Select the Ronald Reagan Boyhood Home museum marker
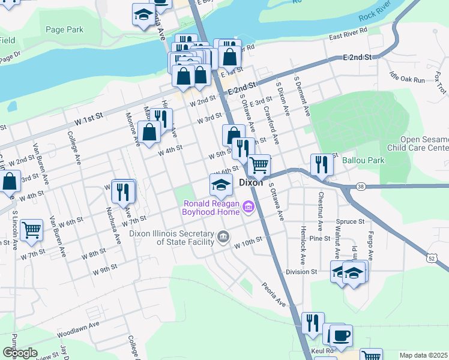tap(249, 208)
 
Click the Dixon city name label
tap(251, 182)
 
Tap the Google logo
tap(19, 353)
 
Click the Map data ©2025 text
tap(423, 355)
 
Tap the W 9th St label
tap(104, 270)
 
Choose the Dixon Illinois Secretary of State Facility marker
tap(223, 237)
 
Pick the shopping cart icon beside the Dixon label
tap(259, 164)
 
